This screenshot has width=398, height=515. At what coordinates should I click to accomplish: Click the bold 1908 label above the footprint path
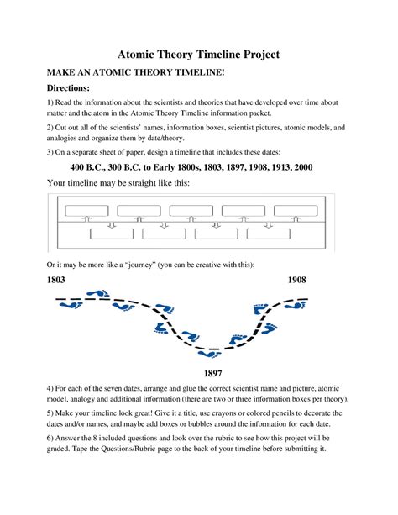(301, 279)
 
